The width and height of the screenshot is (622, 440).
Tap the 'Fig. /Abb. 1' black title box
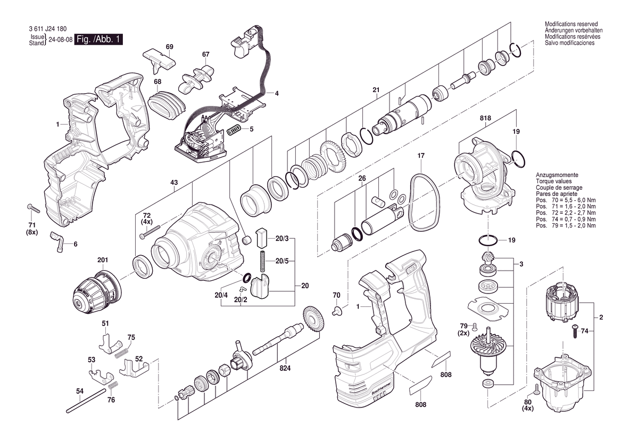coord(99,39)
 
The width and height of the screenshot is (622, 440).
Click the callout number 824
coord(286,368)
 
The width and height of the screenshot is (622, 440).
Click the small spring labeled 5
coord(234,129)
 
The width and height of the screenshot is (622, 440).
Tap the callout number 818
coord(485,118)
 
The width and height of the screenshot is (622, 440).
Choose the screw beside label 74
coord(575,331)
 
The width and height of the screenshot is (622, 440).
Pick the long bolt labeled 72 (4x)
coord(151,233)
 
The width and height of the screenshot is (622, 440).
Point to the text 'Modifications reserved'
coord(571,24)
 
